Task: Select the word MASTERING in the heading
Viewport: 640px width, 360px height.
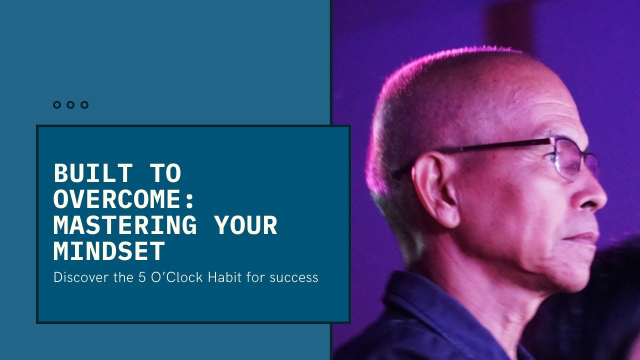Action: [125, 225]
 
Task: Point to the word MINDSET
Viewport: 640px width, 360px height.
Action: [109, 251]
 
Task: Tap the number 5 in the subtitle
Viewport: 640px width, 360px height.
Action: [142, 277]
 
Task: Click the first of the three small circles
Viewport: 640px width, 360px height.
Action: [56, 105]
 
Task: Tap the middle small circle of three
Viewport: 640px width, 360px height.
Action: [70, 105]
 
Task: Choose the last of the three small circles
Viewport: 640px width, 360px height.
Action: [84, 105]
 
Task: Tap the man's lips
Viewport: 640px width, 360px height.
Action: [585, 237]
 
